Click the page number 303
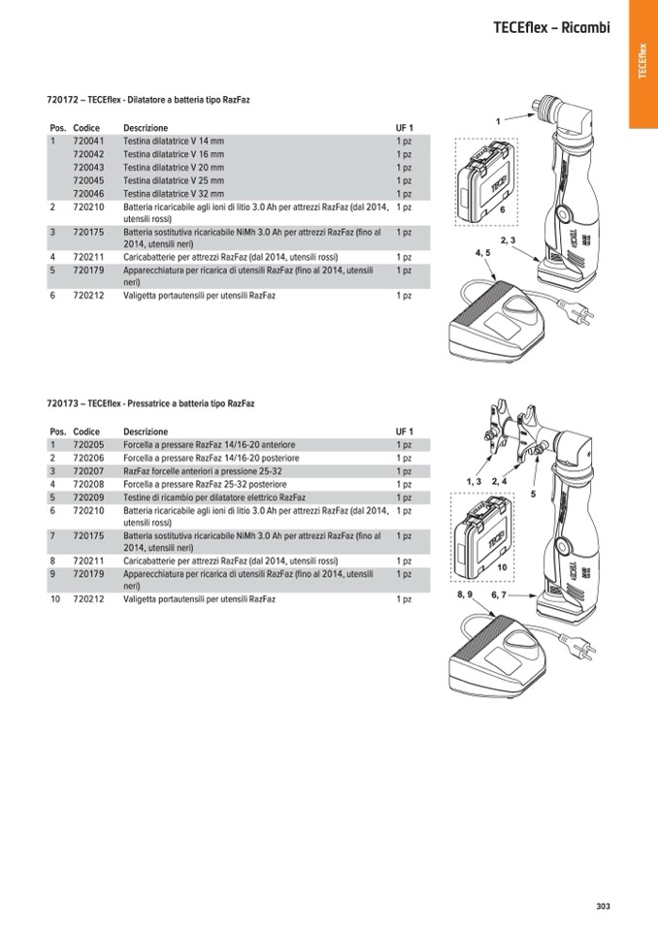[x=603, y=906]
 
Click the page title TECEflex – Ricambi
[x=551, y=28]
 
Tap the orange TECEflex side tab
[x=642, y=63]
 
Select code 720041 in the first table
[x=88, y=141]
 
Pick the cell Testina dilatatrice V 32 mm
[x=174, y=193]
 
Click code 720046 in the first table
[x=88, y=193]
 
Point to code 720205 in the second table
[x=88, y=444]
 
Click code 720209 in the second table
[x=88, y=497]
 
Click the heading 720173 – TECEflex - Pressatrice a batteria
[x=150, y=403]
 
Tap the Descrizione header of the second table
[x=146, y=432]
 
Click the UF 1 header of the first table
[x=404, y=128]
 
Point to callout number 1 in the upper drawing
[x=498, y=121]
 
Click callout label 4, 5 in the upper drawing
[x=482, y=252]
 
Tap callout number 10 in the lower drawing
[x=503, y=566]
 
